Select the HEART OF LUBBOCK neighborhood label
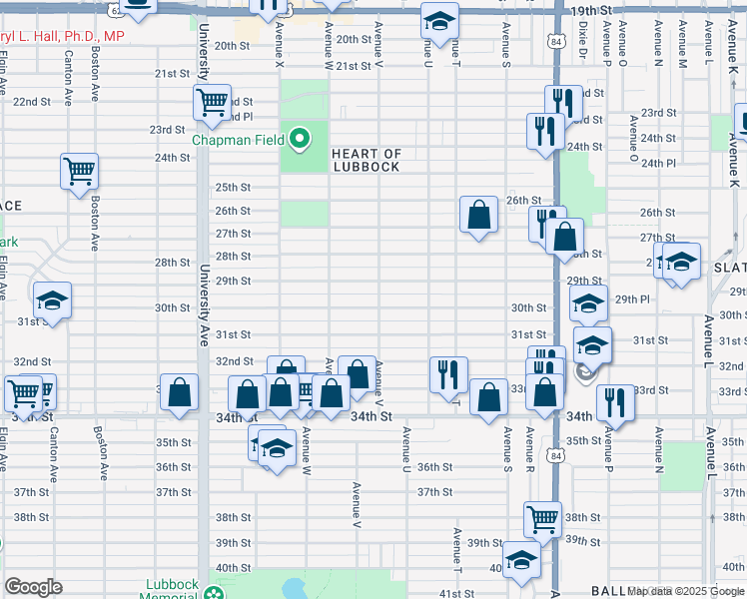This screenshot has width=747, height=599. pos(367,160)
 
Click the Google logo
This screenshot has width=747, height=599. pos(33,587)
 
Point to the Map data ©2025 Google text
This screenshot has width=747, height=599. pos(686,591)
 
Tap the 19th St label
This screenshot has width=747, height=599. pos(591,10)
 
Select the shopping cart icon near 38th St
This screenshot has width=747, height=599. pos(542,518)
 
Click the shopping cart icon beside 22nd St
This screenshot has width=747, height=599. pos(212,102)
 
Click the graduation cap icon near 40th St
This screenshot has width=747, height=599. pos(520,560)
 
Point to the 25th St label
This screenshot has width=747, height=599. pos(232,187)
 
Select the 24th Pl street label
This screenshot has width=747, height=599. pos(658,163)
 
